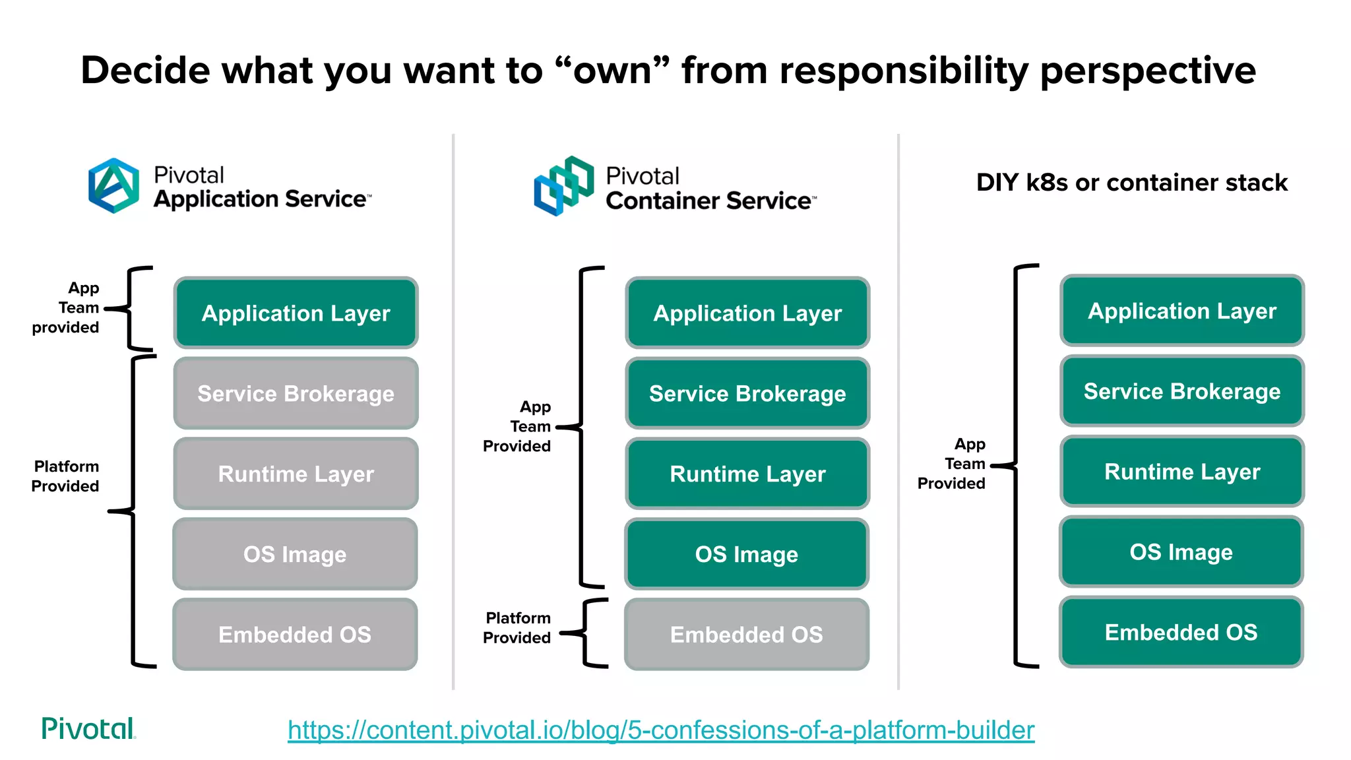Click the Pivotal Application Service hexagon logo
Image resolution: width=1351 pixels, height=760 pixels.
(113, 185)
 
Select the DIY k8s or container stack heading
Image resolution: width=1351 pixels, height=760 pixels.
(1131, 182)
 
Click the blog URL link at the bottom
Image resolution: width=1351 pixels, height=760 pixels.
(660, 730)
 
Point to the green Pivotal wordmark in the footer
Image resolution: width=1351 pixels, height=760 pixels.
(88, 728)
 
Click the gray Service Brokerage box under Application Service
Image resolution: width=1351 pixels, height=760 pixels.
(296, 393)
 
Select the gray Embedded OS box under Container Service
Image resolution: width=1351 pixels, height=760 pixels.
(747, 634)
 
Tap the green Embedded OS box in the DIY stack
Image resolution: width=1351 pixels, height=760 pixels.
(1181, 632)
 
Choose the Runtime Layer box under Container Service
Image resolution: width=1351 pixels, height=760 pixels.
(747, 474)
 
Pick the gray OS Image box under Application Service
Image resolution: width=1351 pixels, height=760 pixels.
(295, 554)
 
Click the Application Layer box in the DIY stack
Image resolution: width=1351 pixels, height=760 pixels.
(1182, 311)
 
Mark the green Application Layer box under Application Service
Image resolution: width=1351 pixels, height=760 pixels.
(296, 313)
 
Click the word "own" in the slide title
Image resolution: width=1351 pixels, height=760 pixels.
(612, 70)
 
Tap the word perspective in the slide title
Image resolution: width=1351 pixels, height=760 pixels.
(1147, 70)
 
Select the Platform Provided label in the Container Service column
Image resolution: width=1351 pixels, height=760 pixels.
(517, 627)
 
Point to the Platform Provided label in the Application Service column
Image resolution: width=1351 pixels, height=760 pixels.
(66, 476)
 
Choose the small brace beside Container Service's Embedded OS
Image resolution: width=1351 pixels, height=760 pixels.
(589, 633)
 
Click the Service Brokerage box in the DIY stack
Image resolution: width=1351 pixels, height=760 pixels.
(1182, 391)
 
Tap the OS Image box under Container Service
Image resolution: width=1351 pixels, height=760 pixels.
(747, 554)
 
